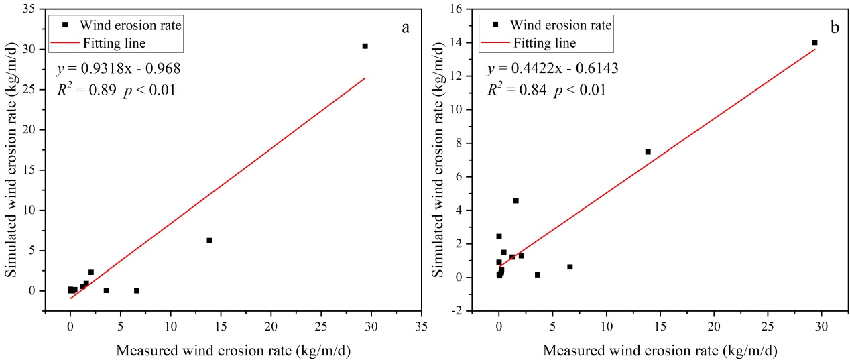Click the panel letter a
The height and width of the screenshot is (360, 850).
pos(405,27)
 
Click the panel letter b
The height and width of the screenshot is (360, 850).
pos(835,27)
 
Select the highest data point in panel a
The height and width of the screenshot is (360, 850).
pos(365,46)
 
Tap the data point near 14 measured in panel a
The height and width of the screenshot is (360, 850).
pos(209,240)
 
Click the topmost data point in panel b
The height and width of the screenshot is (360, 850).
pos(814,42)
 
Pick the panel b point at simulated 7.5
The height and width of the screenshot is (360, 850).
pos(648,152)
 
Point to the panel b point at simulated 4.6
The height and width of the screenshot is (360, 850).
pos(515,200)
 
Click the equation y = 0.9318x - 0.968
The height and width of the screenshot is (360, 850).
pos(118,68)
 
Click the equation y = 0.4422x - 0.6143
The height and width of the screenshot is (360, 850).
pos(553,68)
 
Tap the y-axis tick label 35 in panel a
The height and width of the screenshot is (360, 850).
pos(30,9)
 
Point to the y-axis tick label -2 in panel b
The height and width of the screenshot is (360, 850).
pos(460,311)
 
